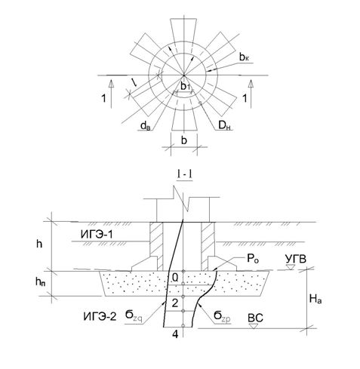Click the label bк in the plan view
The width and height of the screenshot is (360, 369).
point(244,57)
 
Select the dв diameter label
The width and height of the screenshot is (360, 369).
point(146,125)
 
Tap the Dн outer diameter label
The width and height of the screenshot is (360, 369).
point(224,125)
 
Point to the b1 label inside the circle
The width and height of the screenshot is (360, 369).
point(186,87)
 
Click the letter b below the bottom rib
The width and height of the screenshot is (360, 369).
point(184,140)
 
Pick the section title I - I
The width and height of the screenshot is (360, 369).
point(185,175)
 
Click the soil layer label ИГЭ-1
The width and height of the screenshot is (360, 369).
point(97,235)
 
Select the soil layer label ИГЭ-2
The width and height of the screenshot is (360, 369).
point(100,316)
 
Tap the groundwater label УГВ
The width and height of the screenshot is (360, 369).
point(296,259)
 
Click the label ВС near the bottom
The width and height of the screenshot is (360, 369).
point(255,318)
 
